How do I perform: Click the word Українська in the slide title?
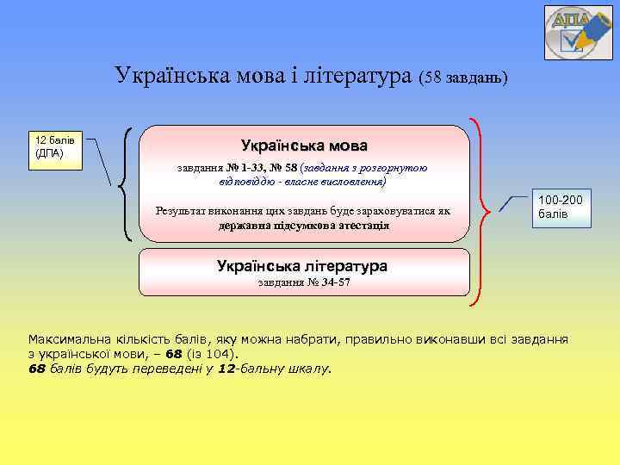point(168,77)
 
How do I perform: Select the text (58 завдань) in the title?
point(464,78)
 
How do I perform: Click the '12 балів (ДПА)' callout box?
point(58,147)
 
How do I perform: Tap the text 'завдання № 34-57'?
point(304,282)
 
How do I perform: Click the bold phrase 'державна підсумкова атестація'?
point(304,226)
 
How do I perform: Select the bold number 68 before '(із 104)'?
point(174,354)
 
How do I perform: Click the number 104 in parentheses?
point(220,354)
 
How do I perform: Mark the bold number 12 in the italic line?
point(226,369)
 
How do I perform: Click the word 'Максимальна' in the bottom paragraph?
point(70,339)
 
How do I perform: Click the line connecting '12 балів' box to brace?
point(106,164)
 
